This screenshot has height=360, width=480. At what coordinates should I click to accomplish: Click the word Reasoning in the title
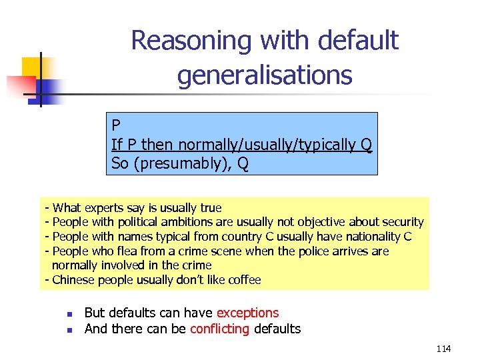click(x=191, y=41)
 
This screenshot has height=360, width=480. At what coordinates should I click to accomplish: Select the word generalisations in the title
click(x=264, y=75)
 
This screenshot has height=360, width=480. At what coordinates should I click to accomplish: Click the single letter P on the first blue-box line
click(x=116, y=125)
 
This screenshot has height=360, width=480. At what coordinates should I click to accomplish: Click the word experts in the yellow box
click(x=103, y=208)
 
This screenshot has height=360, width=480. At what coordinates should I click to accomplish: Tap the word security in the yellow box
click(x=399, y=222)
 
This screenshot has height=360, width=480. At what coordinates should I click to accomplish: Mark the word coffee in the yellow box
click(x=243, y=280)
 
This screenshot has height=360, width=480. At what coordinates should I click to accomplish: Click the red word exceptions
click(x=247, y=313)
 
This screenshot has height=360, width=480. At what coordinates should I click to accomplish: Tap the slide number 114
click(x=443, y=349)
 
